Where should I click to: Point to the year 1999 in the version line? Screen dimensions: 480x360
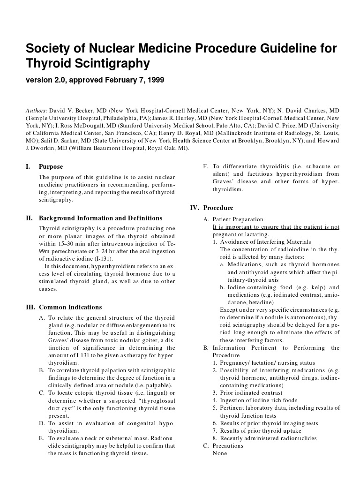155,80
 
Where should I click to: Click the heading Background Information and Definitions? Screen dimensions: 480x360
100,218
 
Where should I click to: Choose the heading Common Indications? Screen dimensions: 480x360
70,307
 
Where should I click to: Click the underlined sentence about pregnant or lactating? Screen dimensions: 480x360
276,231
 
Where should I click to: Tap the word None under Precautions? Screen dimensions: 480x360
219,453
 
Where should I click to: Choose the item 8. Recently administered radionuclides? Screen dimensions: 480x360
264,438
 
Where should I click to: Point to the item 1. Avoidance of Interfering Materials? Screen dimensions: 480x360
255,242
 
